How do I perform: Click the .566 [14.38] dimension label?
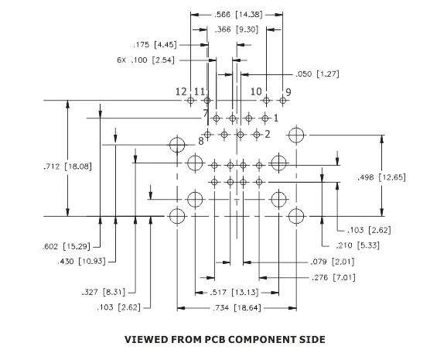(x=238, y=14)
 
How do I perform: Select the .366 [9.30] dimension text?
(x=237, y=29)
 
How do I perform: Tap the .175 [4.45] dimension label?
(x=155, y=45)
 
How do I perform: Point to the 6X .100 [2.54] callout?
(x=145, y=60)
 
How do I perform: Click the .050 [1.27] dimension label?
(x=317, y=74)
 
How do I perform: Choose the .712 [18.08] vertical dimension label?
(x=68, y=166)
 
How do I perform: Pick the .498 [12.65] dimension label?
(x=381, y=177)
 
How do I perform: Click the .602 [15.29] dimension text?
(x=67, y=246)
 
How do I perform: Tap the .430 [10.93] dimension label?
(x=81, y=261)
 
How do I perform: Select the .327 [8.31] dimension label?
(x=104, y=292)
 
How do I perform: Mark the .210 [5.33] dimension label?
(x=358, y=245)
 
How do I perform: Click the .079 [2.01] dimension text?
(x=333, y=262)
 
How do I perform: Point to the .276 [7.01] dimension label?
(x=333, y=277)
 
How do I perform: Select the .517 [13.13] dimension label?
(x=234, y=293)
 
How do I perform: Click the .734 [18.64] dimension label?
(x=237, y=308)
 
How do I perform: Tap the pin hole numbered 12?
(x=191, y=101)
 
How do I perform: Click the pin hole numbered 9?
(x=283, y=101)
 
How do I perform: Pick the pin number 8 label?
(x=201, y=141)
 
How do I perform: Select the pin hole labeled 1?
(x=265, y=118)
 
